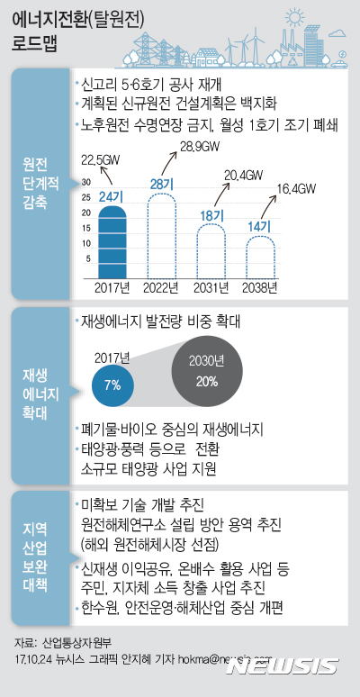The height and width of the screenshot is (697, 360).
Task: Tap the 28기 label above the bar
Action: pyautogui.click(x=162, y=185)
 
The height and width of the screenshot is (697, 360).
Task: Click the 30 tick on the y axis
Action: pyautogui.click(x=86, y=181)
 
